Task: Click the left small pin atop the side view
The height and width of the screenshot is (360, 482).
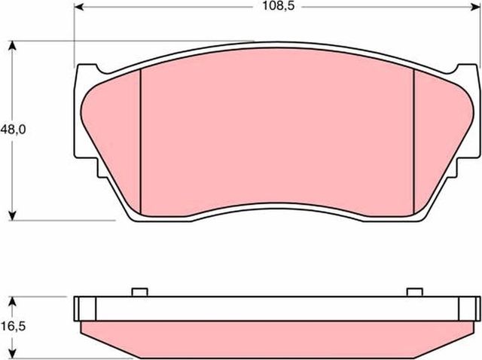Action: pos(139,292)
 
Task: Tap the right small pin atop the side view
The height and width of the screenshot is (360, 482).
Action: pos(413,292)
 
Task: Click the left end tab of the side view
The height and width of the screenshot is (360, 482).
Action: pos(85,309)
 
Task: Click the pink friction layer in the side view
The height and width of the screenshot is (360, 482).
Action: pos(277,339)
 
